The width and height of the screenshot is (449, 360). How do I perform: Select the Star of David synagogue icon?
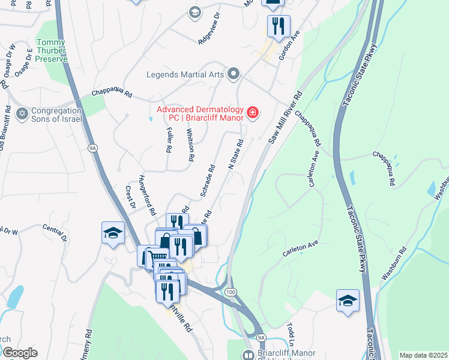[23, 113]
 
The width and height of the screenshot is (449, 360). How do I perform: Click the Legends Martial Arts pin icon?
[234, 74]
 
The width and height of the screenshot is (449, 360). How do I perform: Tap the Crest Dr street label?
[130, 198]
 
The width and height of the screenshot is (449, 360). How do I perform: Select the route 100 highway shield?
[231, 291]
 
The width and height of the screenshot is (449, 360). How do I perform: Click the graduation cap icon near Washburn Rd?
[348, 300]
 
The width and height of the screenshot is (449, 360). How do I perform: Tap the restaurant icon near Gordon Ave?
[279, 26]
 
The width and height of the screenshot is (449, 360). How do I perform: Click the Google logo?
[20, 353]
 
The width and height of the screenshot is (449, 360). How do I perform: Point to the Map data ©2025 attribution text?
[423, 355]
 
